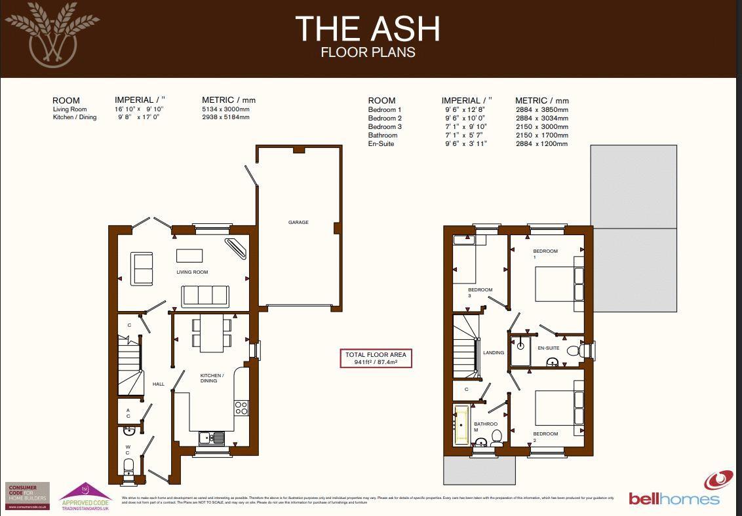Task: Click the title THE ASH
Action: (367, 29)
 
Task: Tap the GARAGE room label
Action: (298, 223)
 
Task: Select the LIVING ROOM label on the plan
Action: (192, 272)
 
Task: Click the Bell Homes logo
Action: (675, 491)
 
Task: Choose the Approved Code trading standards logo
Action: (86, 497)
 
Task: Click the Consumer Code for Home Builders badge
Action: (27, 496)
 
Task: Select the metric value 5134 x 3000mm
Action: (225, 109)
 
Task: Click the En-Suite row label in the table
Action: (381, 143)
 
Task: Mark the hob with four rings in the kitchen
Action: (241, 408)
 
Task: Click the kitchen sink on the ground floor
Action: (211, 438)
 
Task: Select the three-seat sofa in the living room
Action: (205, 296)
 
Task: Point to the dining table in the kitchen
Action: (211, 332)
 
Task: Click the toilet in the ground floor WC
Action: (129, 466)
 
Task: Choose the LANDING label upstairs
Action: (494, 352)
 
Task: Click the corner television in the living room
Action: (237, 249)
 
